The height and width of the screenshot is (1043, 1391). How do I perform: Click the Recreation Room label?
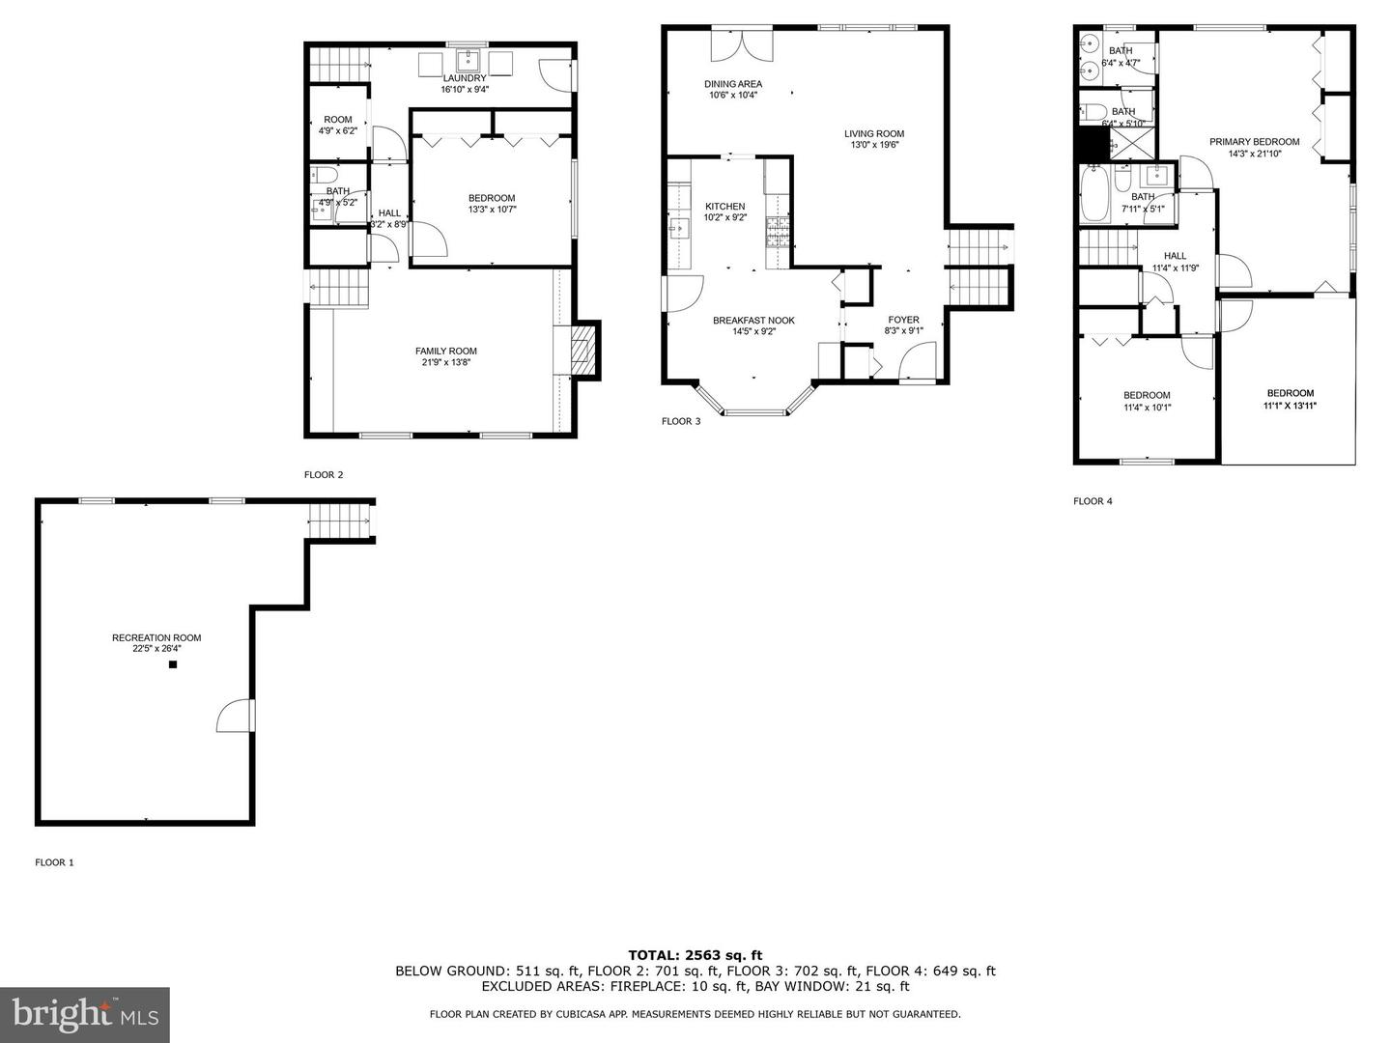(x=156, y=637)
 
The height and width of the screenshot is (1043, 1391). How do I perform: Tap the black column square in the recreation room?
(x=172, y=664)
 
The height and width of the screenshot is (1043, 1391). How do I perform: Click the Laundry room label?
(x=465, y=78)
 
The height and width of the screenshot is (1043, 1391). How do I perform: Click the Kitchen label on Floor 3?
(x=725, y=207)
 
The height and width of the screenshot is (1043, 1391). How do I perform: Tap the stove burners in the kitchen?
(x=779, y=231)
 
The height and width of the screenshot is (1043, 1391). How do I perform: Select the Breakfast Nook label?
(x=753, y=321)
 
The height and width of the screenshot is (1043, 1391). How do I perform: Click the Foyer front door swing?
(x=918, y=361)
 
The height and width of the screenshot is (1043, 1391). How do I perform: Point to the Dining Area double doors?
(x=742, y=44)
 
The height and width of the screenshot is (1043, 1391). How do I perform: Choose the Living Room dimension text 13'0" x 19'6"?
(x=874, y=145)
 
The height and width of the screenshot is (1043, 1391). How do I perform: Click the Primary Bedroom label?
(x=1254, y=142)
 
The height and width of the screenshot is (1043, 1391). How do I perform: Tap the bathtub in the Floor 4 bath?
(x=1095, y=194)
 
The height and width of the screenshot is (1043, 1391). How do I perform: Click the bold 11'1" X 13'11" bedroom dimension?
(x=1291, y=406)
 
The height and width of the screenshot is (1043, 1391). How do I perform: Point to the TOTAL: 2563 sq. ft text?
(x=695, y=955)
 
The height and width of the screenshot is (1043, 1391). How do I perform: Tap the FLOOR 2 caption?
(x=324, y=475)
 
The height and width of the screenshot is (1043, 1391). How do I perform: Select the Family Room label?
(x=446, y=351)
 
